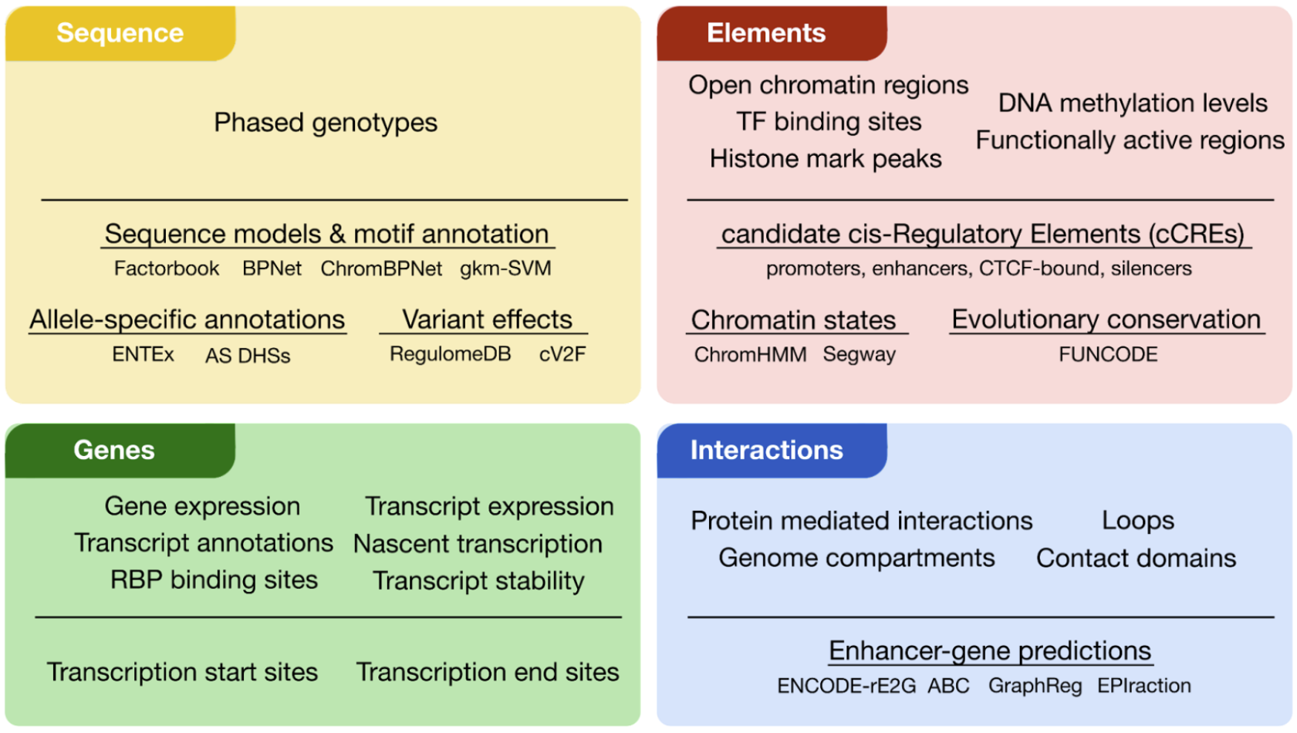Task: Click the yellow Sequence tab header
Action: tap(120, 33)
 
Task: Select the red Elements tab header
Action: tap(766, 33)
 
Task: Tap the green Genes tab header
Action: tap(114, 450)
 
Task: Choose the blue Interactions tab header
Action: tap(766, 450)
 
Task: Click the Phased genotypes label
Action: tap(326, 123)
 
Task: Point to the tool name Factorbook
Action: tap(167, 269)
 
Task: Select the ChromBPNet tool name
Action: tap(381, 269)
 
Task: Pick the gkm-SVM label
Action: tap(505, 269)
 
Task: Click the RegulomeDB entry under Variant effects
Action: tap(450, 354)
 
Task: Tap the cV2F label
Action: tap(562, 354)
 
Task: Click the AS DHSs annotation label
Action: tap(248, 356)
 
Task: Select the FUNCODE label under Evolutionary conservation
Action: tap(1108, 354)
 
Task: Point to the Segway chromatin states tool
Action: tap(859, 355)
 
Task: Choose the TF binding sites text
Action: tap(829, 122)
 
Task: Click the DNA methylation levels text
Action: tap(1133, 103)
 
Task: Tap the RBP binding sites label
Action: tap(214, 580)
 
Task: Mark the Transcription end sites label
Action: tap(488, 673)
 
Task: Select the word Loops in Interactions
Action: tap(1138, 521)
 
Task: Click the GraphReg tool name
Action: tap(1035, 686)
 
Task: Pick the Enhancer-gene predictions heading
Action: tap(990, 651)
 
